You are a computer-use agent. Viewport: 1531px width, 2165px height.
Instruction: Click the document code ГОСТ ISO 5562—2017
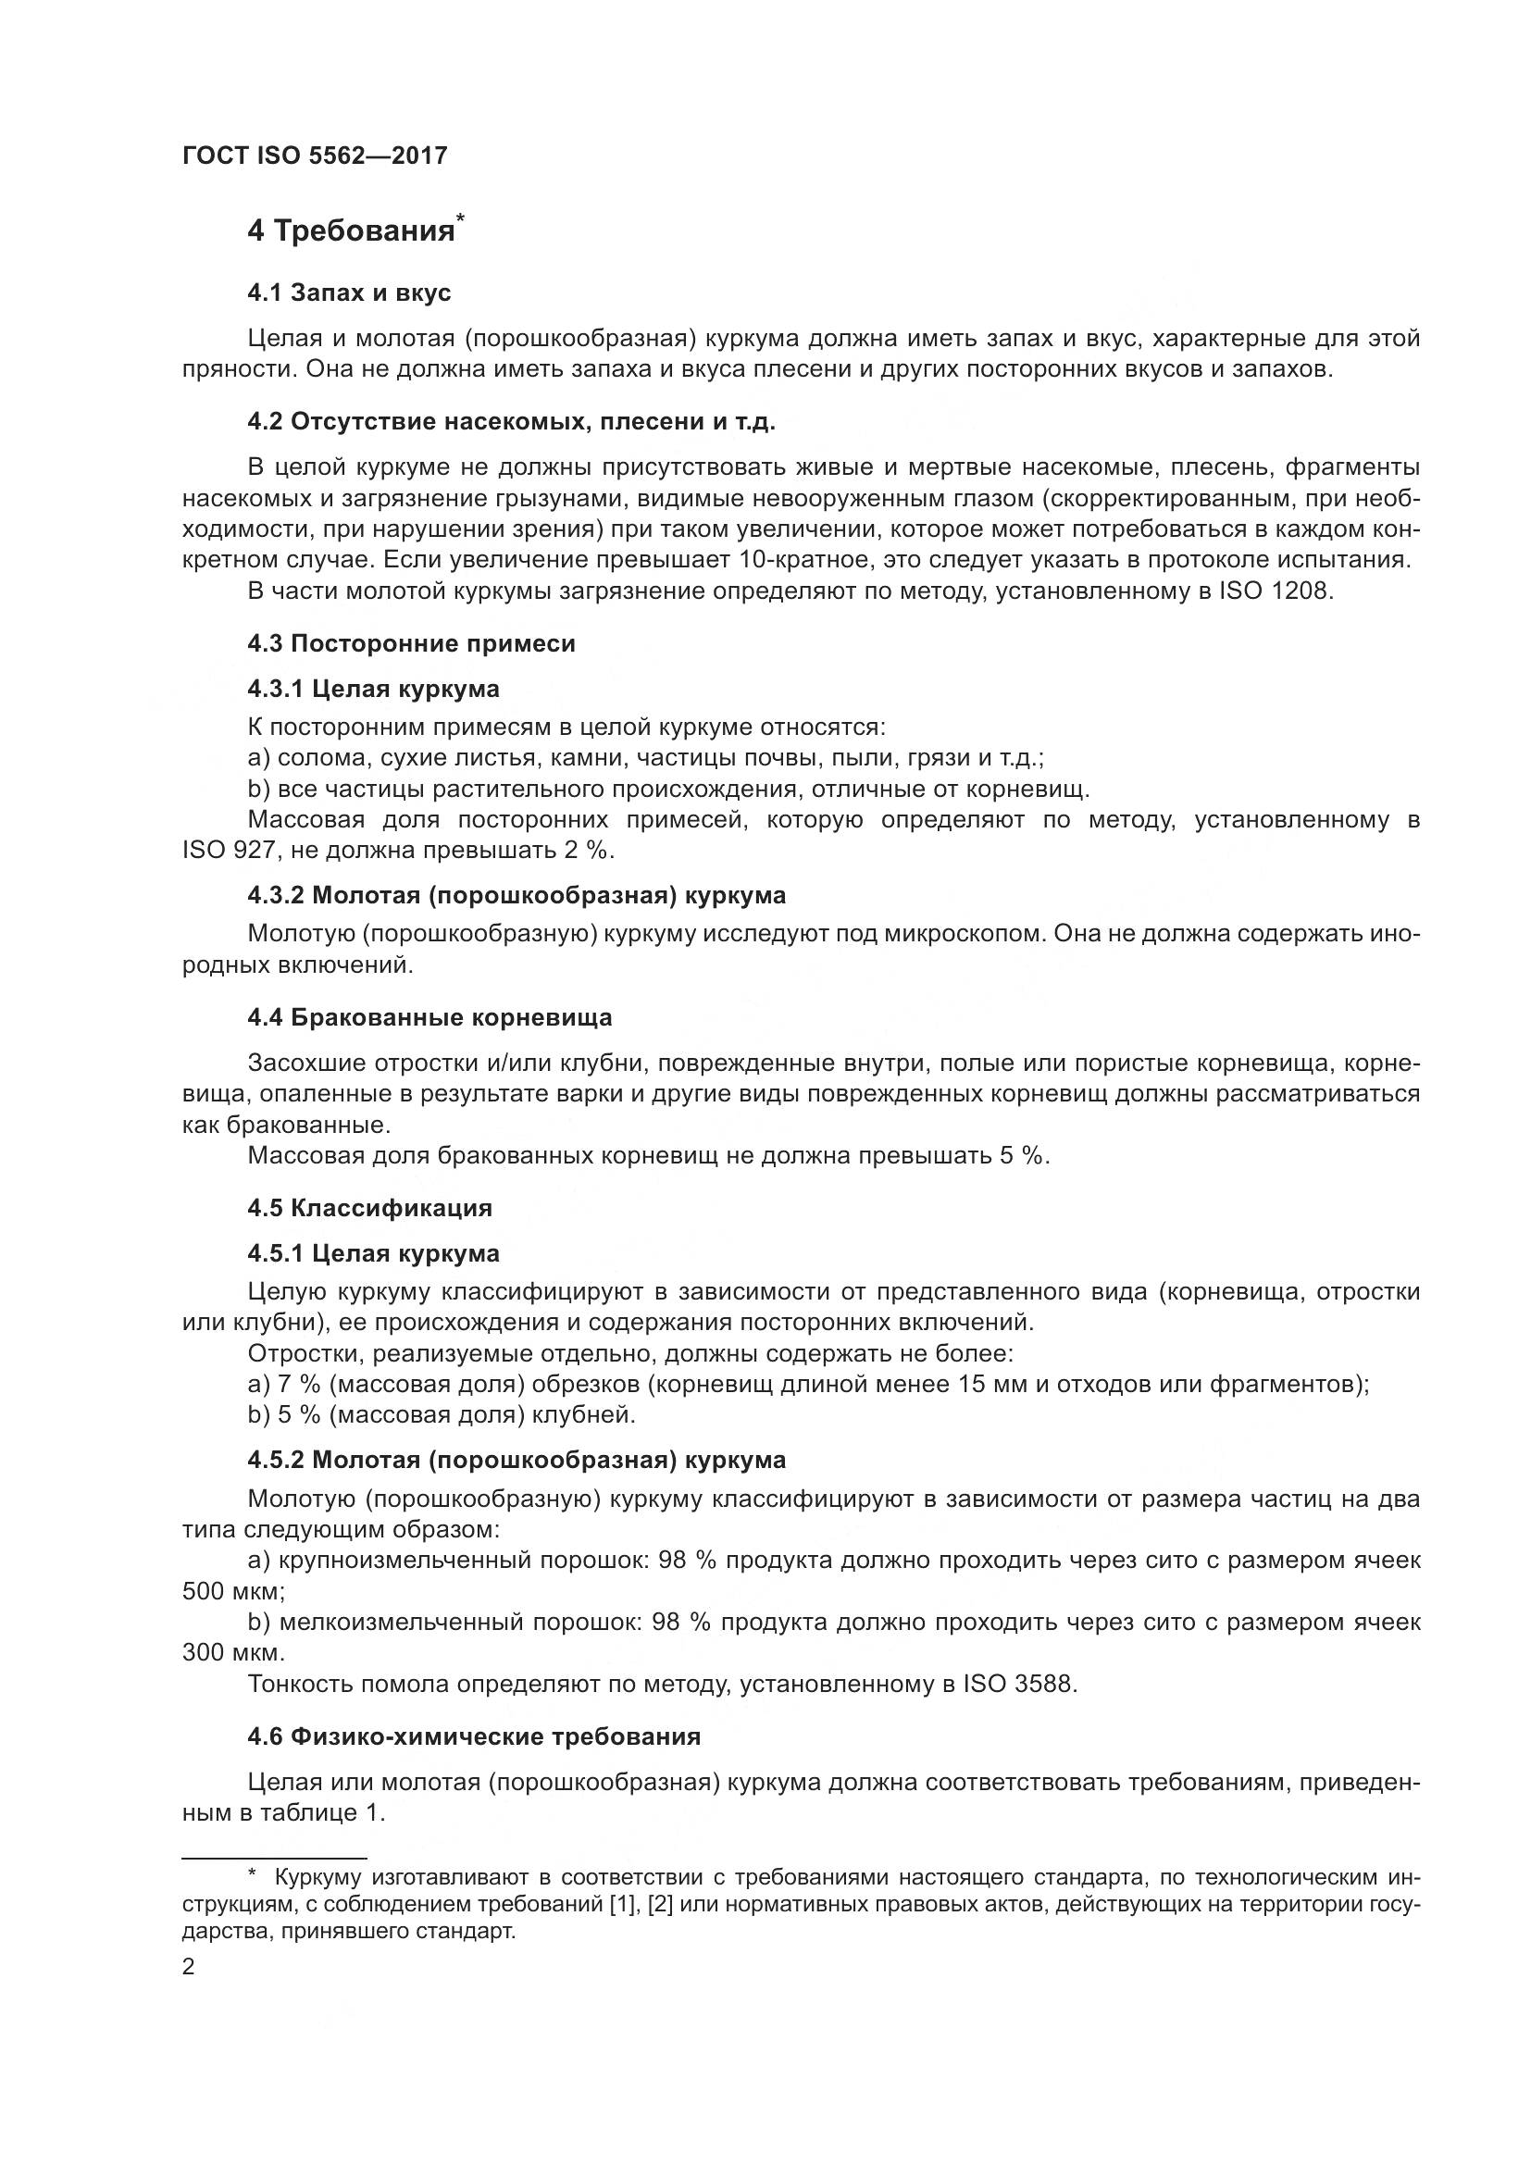(314, 156)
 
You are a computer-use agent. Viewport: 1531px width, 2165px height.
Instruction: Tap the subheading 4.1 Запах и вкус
(349, 292)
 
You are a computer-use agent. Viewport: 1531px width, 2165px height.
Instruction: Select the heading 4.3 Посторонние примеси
(411, 643)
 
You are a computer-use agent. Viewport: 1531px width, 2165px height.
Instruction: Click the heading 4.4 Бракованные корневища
(429, 1017)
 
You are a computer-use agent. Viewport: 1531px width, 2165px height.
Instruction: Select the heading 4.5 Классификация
(369, 1208)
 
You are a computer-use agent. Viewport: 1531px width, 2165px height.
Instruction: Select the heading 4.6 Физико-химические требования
(474, 1736)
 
